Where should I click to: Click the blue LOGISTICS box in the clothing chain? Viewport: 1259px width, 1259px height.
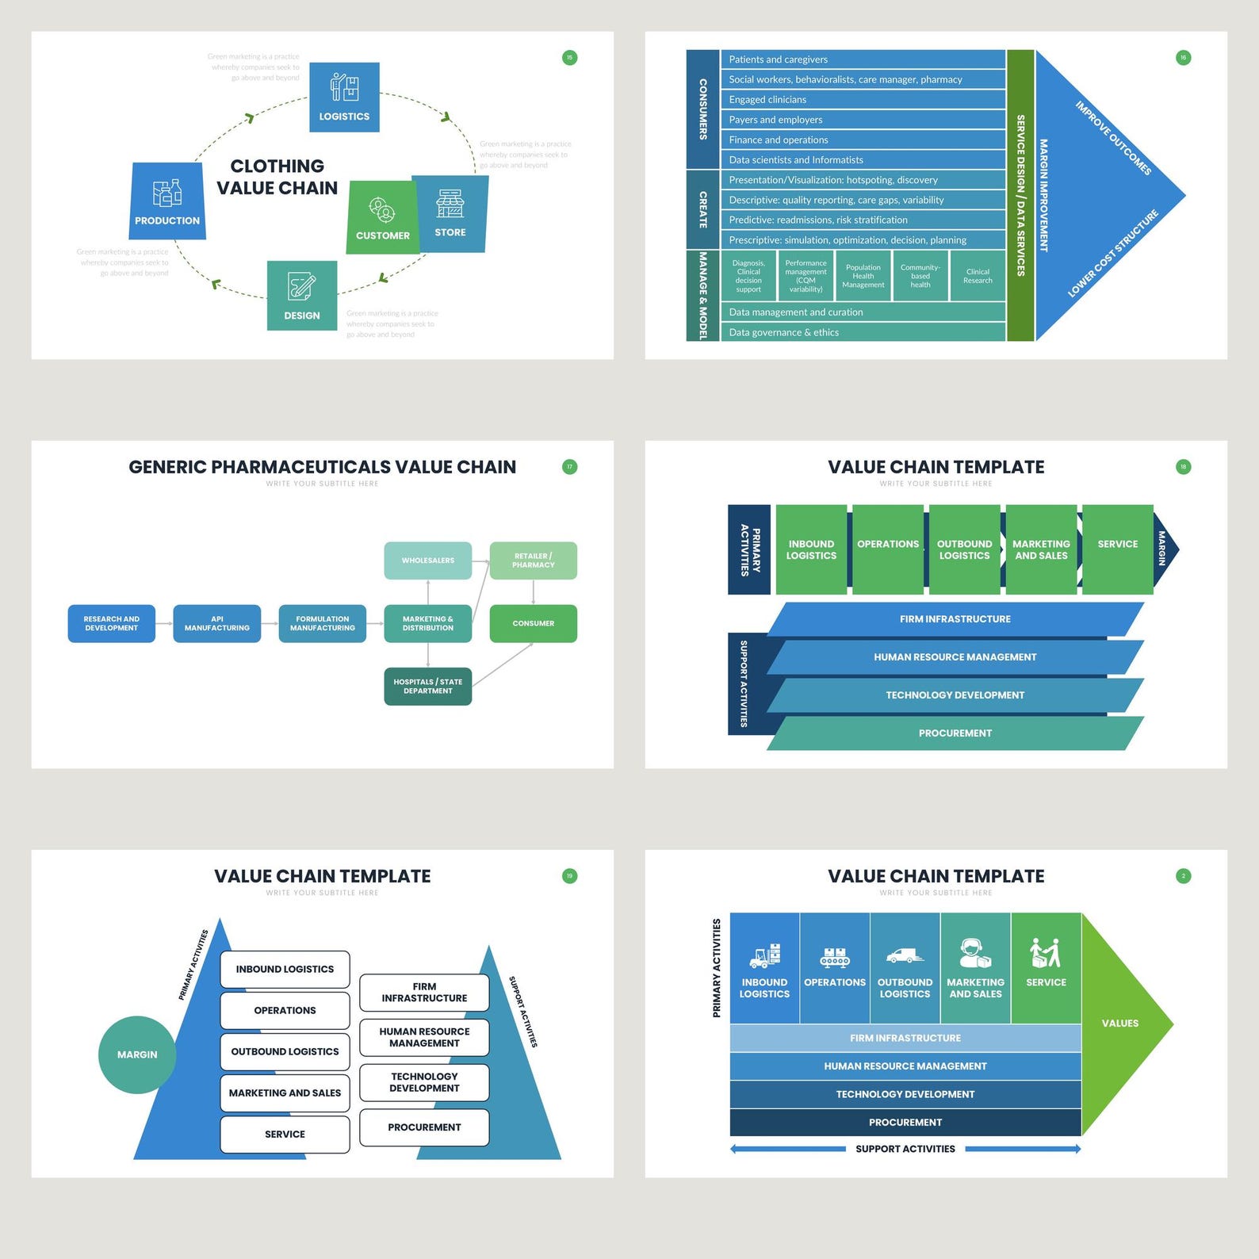[344, 97]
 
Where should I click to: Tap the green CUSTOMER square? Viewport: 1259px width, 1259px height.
[382, 218]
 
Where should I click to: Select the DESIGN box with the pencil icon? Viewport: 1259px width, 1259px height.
[302, 295]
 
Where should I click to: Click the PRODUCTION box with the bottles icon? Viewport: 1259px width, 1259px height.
[167, 201]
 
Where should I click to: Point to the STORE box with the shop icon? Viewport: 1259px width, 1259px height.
[450, 214]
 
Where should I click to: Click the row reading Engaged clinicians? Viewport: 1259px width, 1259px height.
[863, 100]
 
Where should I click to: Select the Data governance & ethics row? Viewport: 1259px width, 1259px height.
[863, 332]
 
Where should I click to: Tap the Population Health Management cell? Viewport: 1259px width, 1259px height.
[863, 276]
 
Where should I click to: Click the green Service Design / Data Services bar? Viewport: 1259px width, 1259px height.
[1020, 195]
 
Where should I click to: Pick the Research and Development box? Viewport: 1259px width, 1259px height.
[112, 623]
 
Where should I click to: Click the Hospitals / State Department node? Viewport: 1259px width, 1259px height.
[428, 686]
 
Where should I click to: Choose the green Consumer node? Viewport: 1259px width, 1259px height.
[533, 623]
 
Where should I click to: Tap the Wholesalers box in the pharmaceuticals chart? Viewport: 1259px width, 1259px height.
[428, 561]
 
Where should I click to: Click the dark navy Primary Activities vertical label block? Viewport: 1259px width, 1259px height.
[749, 549]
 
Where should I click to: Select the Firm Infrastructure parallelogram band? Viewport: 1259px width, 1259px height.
[955, 619]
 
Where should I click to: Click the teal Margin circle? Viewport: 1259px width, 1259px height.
[137, 1054]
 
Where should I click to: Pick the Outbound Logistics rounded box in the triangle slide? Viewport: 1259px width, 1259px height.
[285, 1051]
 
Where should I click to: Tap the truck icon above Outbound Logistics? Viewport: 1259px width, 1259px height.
[905, 956]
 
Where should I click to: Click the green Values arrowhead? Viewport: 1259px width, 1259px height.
[1122, 1023]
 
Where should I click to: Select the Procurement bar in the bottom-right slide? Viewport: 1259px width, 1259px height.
[905, 1122]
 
